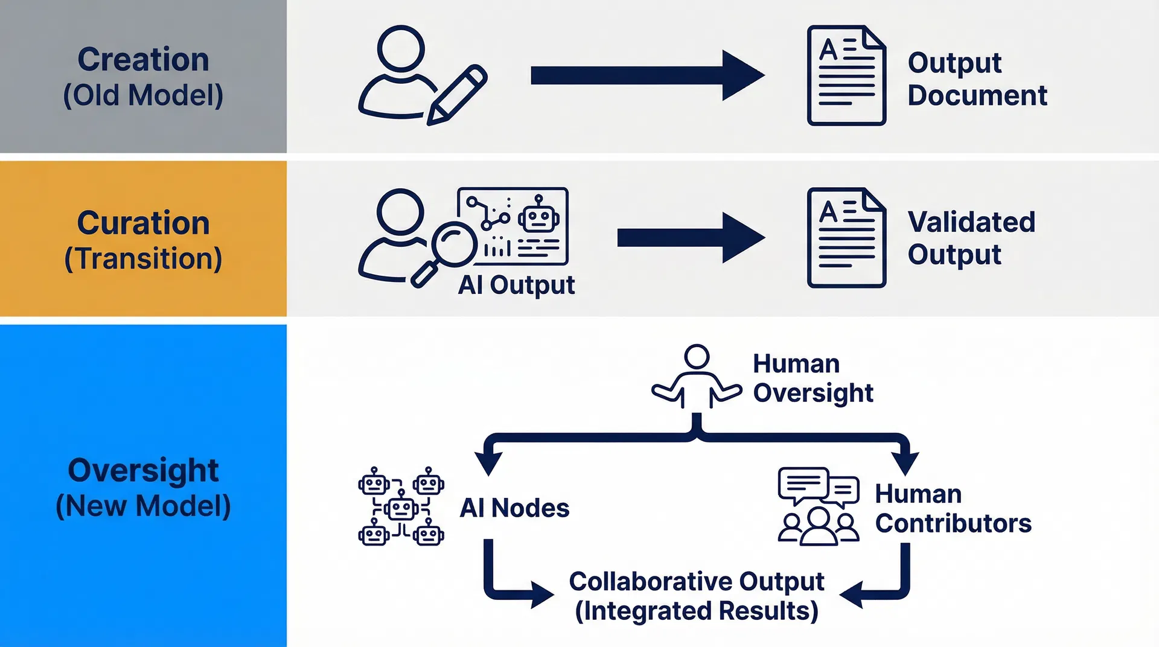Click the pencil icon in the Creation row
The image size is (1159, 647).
point(457,95)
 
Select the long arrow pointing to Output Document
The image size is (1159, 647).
point(646,75)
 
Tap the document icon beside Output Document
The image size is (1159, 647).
point(846,75)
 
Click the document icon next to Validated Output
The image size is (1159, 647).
point(846,238)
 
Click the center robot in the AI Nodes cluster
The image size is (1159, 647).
point(401,509)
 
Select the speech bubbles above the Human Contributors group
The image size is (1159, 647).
point(818,486)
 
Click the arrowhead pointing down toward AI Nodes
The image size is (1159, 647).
point(488,464)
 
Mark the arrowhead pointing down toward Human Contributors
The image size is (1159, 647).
point(905,464)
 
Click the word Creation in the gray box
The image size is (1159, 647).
point(143,60)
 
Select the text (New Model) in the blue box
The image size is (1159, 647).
point(143,506)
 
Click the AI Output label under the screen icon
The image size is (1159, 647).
point(516,285)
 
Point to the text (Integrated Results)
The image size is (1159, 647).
point(697,611)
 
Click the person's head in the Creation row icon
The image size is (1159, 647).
point(401,48)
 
